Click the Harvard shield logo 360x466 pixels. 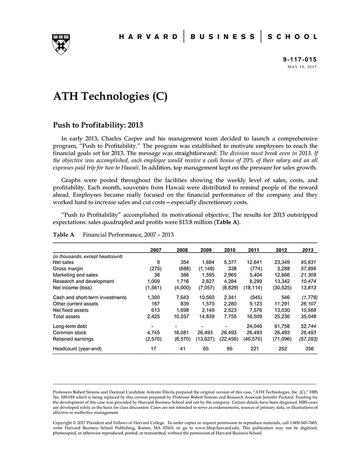tap(61, 45)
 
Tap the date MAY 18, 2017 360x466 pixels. tap(302, 67)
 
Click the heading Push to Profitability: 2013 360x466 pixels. tap(98, 124)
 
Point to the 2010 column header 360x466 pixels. tap(229, 250)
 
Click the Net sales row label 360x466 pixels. tap(63, 262)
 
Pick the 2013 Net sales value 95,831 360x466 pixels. tap(309, 262)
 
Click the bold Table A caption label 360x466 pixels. tap(64, 235)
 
